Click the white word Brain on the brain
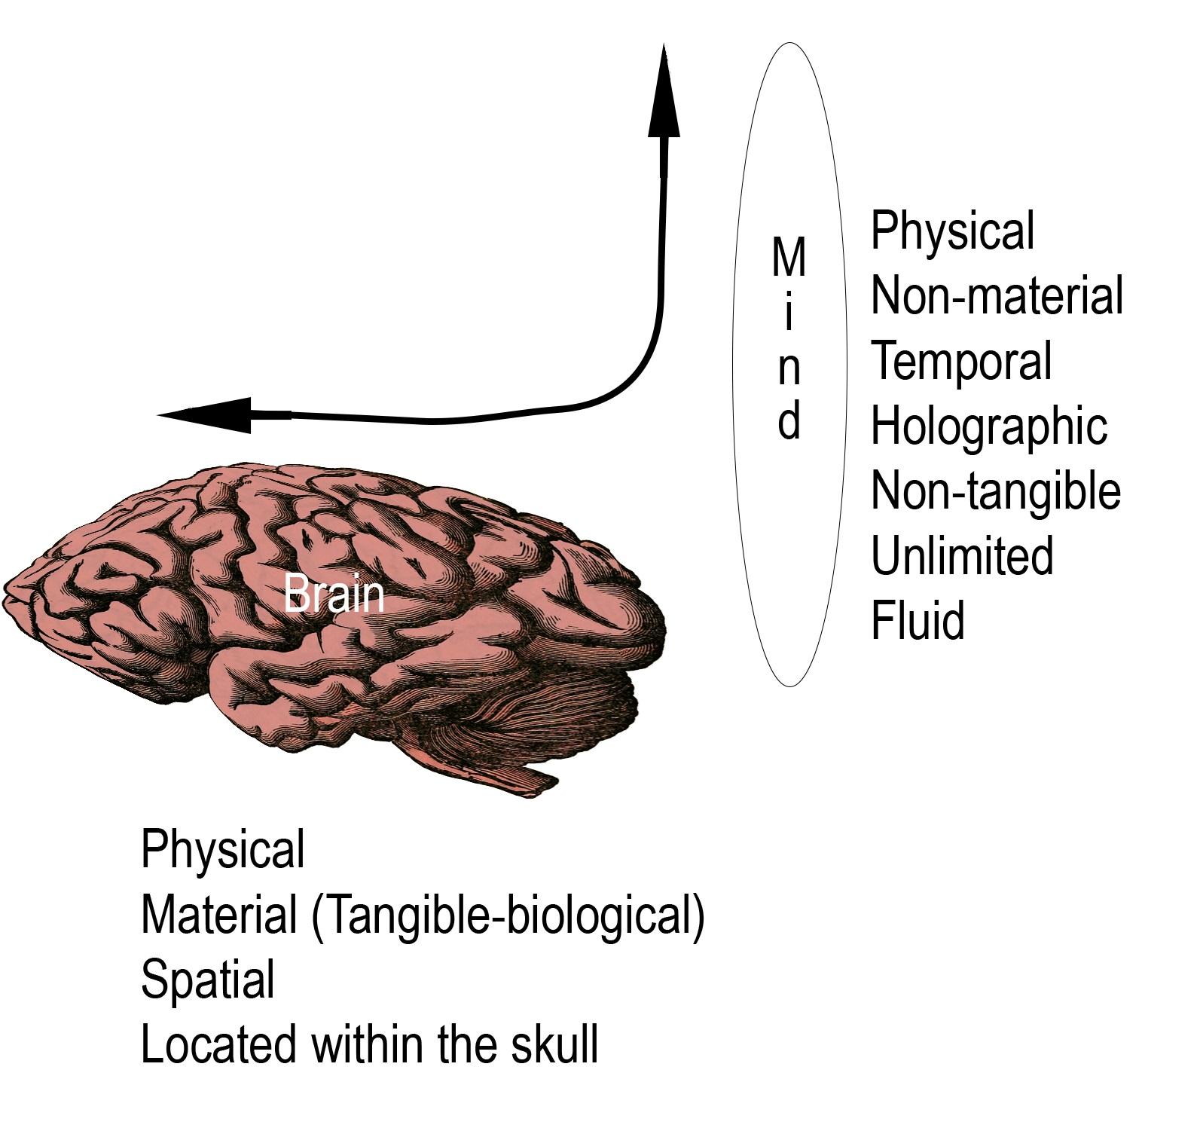click(334, 595)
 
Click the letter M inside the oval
click(789, 258)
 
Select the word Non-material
click(997, 295)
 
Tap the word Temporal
click(961, 361)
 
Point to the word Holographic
click(988, 426)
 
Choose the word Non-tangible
click(995, 491)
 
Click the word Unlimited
click(962, 556)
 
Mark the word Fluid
click(918, 621)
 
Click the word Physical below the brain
click(223, 849)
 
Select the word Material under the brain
click(219, 915)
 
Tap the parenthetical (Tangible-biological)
click(508, 915)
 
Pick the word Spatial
click(208, 980)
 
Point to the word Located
click(218, 1044)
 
